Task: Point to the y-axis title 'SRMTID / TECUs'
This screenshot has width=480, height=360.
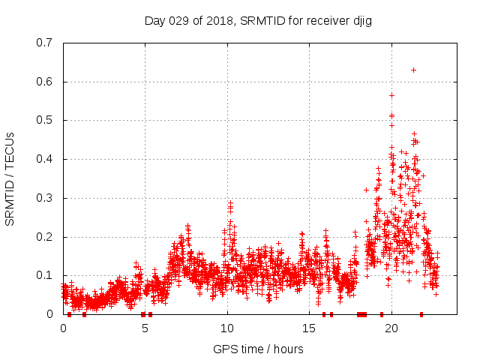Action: pos(10,178)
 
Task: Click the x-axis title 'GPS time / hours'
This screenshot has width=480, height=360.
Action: pos(258,349)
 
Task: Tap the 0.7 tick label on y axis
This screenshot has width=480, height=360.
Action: pos(46,43)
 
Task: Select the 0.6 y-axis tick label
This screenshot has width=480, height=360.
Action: pos(46,82)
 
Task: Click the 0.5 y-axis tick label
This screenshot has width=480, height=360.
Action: pos(46,120)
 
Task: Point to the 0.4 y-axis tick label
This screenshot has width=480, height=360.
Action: pos(46,159)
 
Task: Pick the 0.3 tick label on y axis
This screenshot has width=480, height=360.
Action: pos(46,198)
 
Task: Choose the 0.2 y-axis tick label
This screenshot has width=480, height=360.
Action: pos(46,237)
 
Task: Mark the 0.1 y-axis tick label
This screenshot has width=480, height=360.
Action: pos(46,275)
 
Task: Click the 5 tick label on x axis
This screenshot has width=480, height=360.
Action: pos(145,328)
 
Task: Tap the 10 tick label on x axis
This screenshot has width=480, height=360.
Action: pos(227,328)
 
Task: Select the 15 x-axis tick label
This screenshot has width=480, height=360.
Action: pos(309,328)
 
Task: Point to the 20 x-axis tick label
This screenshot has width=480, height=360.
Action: pos(391,328)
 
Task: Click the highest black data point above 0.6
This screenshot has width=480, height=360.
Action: pos(413,70)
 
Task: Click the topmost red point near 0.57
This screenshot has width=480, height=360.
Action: pos(391,95)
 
